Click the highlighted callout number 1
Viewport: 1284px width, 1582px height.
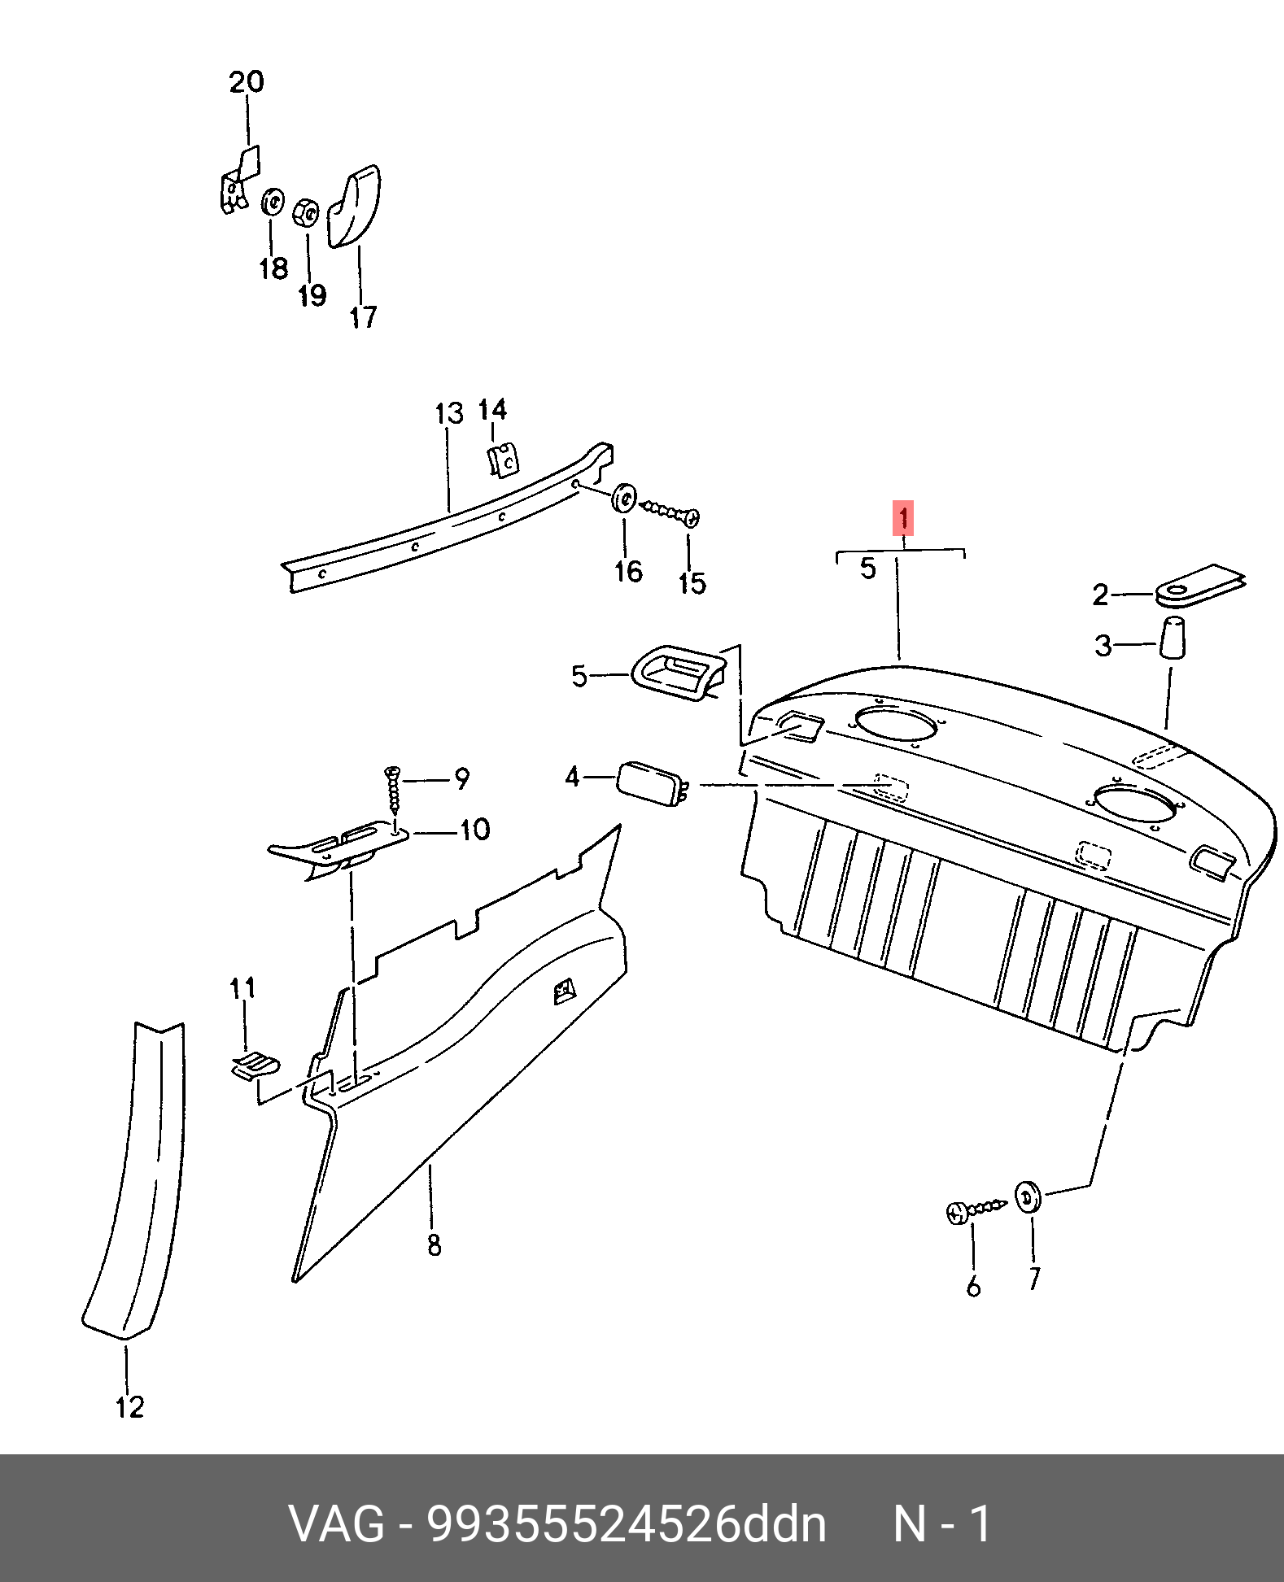903,518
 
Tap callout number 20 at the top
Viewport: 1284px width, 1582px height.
247,82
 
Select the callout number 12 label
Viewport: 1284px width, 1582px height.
130,1407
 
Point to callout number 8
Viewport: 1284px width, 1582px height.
435,1244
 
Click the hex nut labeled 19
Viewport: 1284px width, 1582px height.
305,213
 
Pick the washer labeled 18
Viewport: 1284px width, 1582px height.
273,203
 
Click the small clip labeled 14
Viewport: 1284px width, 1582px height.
504,460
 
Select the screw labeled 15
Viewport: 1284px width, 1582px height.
670,512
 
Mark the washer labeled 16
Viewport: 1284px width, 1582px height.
624,498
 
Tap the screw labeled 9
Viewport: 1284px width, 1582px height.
394,790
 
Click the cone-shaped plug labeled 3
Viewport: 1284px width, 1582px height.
1173,637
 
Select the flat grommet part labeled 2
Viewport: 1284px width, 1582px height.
1200,586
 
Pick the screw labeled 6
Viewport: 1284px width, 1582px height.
976,1209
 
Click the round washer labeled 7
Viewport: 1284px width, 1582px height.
1029,1197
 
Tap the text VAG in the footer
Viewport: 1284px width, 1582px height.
336,1523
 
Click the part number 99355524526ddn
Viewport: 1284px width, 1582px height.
627,1523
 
